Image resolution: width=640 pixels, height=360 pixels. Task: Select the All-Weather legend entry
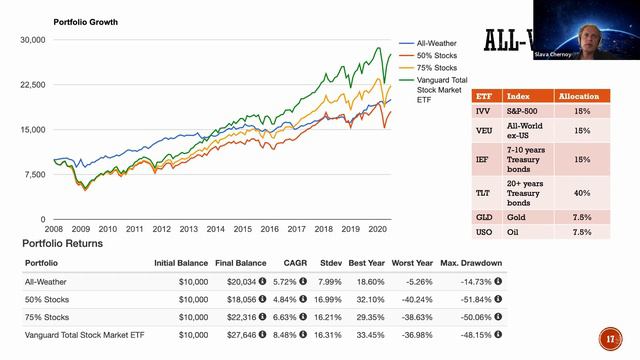[435, 44]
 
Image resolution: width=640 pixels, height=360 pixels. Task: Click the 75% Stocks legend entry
[434, 68]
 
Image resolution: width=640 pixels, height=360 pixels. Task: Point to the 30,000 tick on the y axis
[32, 40]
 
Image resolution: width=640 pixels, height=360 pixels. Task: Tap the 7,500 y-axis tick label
[35, 174]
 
